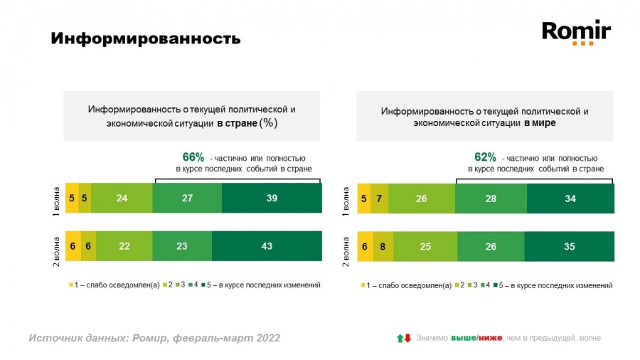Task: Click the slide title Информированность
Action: tap(145, 38)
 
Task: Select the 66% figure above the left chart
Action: tap(193, 157)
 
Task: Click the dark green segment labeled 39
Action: tap(272, 198)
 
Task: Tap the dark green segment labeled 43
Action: tap(267, 245)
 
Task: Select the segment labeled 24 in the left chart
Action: tap(122, 198)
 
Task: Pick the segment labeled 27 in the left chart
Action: tap(187, 198)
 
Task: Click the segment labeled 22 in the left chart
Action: tap(124, 245)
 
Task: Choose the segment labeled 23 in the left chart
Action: tap(182, 245)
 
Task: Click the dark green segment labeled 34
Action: tap(570, 198)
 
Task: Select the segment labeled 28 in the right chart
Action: tap(491, 198)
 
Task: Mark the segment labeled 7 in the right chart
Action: tap(380, 198)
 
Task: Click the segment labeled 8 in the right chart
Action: tap(383, 246)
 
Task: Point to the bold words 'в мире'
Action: tap(540, 123)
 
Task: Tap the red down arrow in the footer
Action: tap(408, 338)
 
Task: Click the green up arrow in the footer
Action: tap(400, 338)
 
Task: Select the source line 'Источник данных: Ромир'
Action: tap(154, 338)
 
